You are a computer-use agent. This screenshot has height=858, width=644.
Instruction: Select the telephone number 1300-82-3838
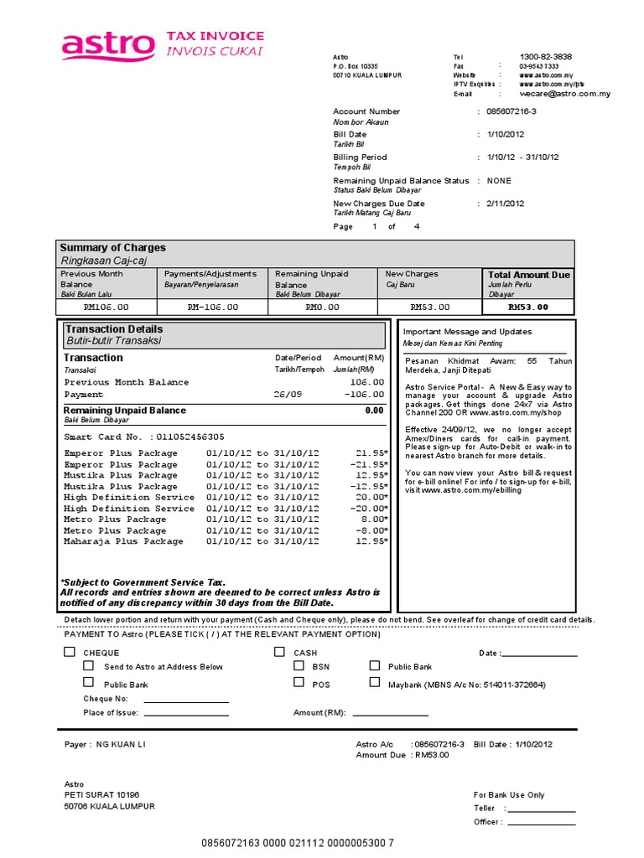546,56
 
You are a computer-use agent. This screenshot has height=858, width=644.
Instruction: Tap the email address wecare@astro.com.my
564,95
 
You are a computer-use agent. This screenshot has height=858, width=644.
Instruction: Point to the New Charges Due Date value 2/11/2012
506,204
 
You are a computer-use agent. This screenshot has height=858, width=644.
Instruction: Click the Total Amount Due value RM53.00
529,307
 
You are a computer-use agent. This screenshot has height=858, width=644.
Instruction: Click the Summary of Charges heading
112,248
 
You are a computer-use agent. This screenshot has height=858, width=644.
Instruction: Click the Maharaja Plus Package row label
123,541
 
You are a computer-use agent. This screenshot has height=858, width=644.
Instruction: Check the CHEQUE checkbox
70,652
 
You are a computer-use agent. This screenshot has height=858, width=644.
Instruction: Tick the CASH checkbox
278,652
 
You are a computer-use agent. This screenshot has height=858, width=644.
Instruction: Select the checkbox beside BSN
299,666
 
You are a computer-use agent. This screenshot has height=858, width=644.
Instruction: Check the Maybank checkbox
374,683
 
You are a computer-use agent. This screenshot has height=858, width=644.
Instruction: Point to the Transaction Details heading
114,329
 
